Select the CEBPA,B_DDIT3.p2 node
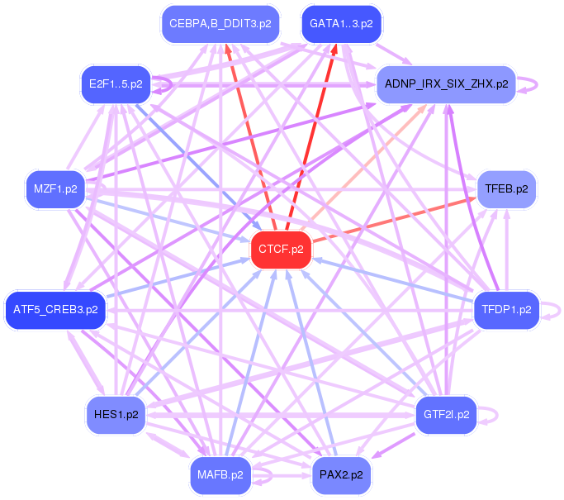220,24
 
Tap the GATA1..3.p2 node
341,24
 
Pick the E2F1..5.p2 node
116,83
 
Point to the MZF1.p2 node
56,188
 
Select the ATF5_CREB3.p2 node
55,310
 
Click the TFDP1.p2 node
506,310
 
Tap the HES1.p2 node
116,414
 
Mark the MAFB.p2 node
220,474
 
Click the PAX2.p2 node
341,474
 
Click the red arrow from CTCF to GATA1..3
312,132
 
